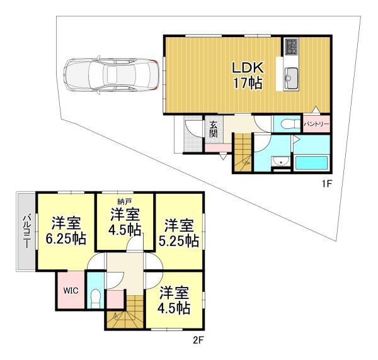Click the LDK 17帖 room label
tap(248, 76)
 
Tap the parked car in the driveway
tap(111, 75)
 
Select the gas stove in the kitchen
tap(291, 46)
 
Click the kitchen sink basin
tap(290, 77)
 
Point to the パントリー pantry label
tap(316, 124)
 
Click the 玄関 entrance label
tap(213, 129)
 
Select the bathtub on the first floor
tap(311, 162)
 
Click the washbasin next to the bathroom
tap(281, 161)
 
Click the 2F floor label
tap(198, 340)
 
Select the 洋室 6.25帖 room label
tap(66, 231)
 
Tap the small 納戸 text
tap(124, 201)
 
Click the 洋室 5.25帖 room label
tap(179, 233)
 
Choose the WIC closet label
tap(71, 290)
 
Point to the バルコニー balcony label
tap(26, 232)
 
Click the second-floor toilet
tap(95, 299)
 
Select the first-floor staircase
tap(243, 153)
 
